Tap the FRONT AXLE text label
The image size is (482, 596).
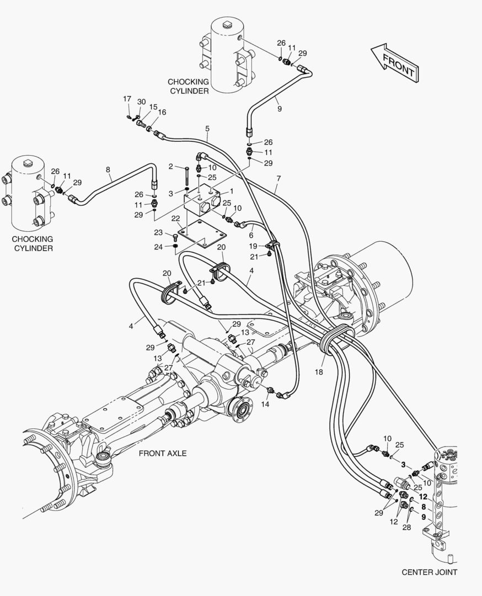coord(162,453)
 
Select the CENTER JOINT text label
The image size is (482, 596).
coord(429,572)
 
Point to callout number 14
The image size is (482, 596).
coord(265,404)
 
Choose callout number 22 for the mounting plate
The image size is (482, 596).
coord(175,219)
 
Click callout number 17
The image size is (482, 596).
coord(127,99)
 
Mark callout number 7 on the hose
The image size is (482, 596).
coord(279,178)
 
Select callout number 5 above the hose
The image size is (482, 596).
coord(207,129)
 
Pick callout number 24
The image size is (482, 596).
coord(158,247)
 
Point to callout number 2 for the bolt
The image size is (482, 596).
coord(171,166)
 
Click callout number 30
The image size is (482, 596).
coord(142,102)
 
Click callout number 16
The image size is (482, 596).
coord(162,112)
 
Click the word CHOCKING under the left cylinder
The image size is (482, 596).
coord(33,239)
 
